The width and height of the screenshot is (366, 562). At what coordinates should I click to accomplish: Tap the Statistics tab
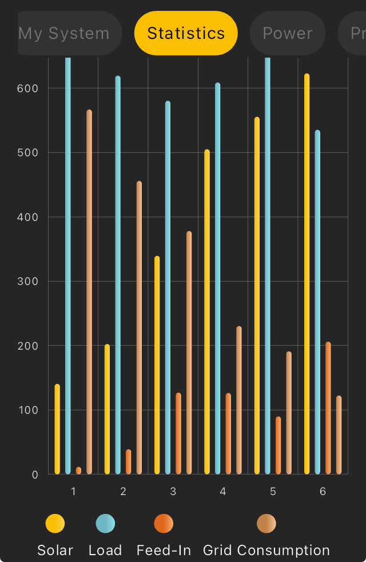pos(186,33)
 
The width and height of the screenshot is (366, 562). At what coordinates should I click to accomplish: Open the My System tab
pos(66,33)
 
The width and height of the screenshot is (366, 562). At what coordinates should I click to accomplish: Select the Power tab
pos(288,33)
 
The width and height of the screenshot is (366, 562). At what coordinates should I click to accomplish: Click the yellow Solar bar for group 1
pos(57,429)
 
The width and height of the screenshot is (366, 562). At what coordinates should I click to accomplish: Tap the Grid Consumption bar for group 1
pos(89,292)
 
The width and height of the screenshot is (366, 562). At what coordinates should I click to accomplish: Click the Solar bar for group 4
pos(207,312)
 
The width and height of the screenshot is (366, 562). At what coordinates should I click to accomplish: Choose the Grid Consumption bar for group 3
pos(189,353)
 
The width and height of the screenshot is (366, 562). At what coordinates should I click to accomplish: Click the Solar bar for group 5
pos(257,295)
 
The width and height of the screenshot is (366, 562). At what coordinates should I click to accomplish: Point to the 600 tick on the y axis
pos(27,88)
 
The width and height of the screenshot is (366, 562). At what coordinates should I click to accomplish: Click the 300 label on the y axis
pos(27,282)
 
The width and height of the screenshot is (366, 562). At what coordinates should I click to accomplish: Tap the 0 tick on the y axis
pos(35,474)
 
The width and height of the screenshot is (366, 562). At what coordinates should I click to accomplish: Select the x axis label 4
pos(223,492)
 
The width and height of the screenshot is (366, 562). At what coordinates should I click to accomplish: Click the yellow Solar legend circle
pos(55,523)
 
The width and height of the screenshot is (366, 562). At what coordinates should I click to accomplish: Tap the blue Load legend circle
pos(105,523)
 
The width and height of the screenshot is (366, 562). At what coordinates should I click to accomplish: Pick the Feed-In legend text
pos(164,551)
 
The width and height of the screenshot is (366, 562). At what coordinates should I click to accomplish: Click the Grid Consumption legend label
pos(266,551)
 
